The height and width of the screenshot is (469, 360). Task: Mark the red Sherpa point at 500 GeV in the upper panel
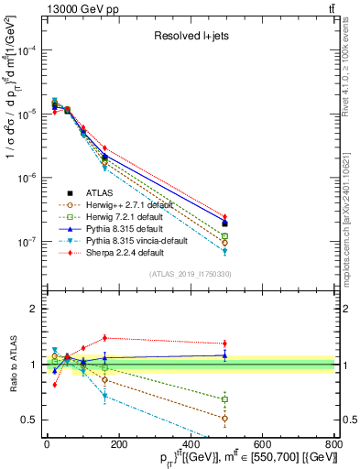(x=225, y=217)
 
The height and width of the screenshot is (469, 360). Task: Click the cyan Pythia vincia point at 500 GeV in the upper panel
(x=225, y=251)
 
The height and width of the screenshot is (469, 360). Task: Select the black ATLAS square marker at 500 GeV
(x=225, y=224)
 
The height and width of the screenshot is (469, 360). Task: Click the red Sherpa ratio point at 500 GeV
(x=225, y=344)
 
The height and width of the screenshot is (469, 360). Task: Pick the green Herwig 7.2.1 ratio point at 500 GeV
(x=225, y=398)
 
